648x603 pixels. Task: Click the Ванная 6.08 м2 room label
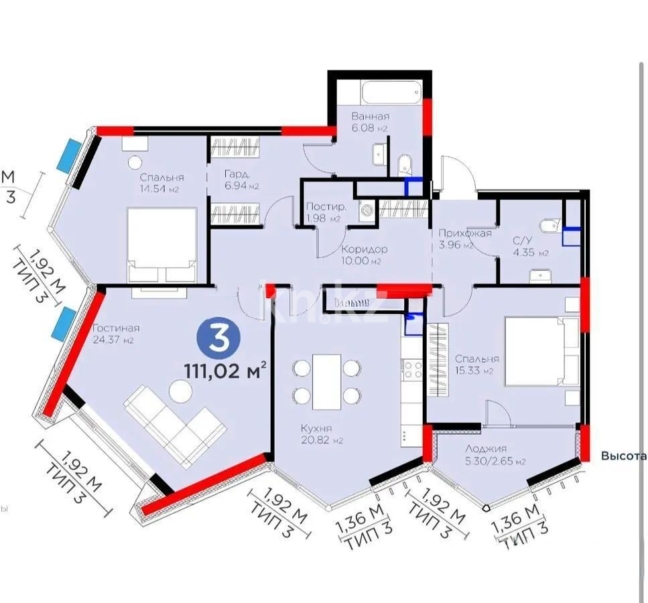pyautogui.click(x=370, y=121)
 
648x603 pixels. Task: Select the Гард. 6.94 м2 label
pyautogui.click(x=242, y=180)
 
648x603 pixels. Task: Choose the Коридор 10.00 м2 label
pyautogui.click(x=363, y=255)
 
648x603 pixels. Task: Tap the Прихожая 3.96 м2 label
pyautogui.click(x=465, y=239)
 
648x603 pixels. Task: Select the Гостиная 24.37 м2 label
pyautogui.click(x=117, y=333)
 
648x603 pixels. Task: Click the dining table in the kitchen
pyautogui.click(x=327, y=382)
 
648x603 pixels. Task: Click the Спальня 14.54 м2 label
pyautogui.click(x=161, y=183)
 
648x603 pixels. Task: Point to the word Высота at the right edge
pyautogui.click(x=623, y=456)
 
